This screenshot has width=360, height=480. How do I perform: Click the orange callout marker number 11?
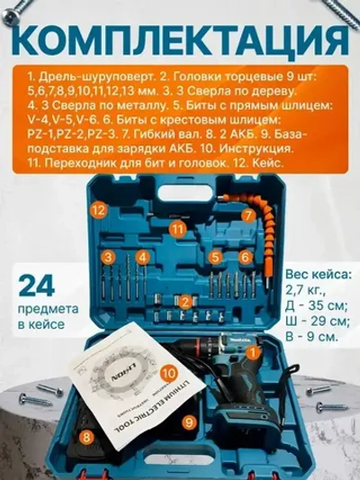click(x=179, y=229)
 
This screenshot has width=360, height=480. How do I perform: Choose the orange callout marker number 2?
click(x=184, y=302)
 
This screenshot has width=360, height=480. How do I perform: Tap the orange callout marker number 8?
click(x=86, y=438)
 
